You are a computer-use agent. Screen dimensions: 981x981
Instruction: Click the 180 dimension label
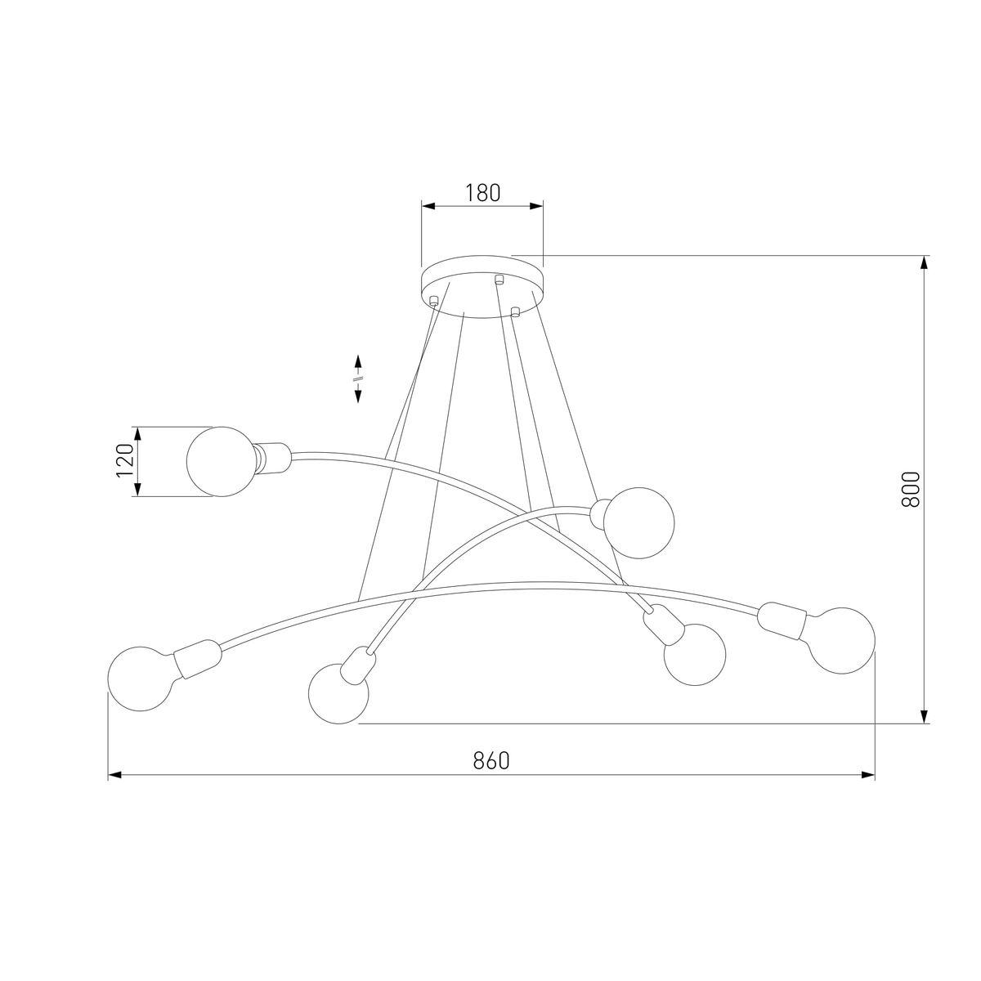(482, 193)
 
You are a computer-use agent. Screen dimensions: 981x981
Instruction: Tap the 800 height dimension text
(911, 489)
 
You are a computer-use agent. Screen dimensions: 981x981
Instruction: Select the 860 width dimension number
(491, 760)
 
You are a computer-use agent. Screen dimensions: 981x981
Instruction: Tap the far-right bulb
(840, 639)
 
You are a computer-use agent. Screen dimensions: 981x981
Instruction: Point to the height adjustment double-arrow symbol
(358, 379)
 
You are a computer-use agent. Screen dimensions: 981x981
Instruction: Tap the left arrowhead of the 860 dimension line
(115, 773)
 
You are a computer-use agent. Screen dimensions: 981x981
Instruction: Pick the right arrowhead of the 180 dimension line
(536, 206)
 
